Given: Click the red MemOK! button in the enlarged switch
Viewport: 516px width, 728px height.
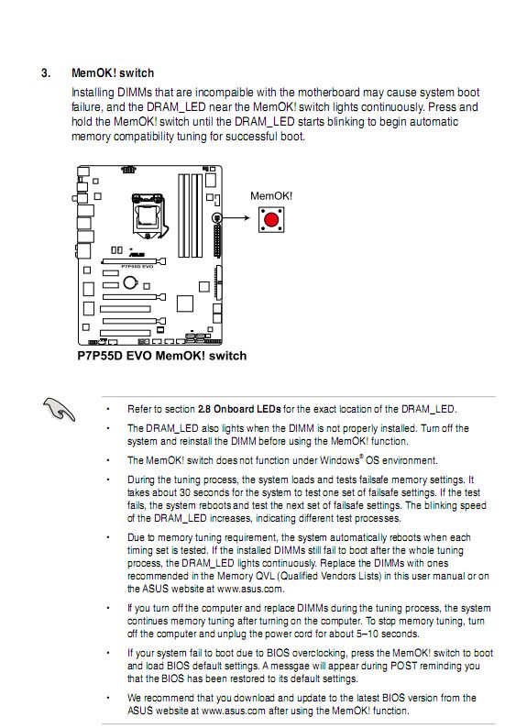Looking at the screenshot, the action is point(271,219).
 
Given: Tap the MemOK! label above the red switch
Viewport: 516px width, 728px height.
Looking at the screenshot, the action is point(271,196).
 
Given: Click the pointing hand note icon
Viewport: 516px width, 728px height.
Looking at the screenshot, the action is point(59,409).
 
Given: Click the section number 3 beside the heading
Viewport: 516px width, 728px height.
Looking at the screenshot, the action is point(46,73).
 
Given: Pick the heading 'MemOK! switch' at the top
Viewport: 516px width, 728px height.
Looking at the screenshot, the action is point(113,73).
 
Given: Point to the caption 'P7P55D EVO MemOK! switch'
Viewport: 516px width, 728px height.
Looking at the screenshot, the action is point(162,356).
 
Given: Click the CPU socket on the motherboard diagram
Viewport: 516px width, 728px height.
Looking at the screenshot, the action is point(149,215).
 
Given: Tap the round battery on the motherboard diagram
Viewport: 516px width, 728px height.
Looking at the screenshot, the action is point(130,281).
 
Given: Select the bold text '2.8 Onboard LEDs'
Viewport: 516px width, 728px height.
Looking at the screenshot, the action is point(239,409).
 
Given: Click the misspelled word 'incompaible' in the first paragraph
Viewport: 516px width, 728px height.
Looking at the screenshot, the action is point(225,93).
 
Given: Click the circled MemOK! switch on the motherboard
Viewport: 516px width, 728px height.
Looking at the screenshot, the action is point(216,217).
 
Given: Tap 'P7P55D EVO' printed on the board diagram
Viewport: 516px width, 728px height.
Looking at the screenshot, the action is point(137,267).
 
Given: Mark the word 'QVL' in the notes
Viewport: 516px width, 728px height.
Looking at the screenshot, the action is point(267,576).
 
